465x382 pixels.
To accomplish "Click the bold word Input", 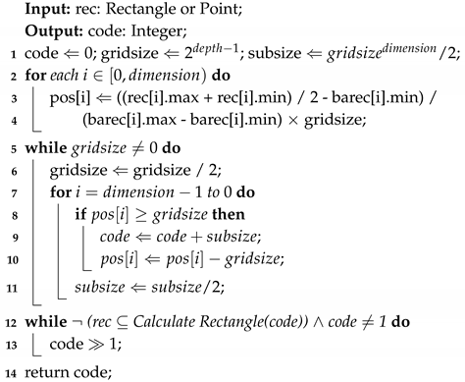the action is (51, 11).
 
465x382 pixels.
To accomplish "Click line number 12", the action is (8, 321).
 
